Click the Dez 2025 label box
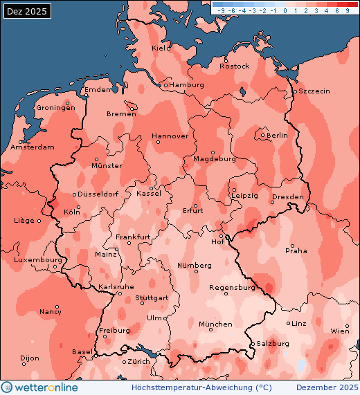click(27, 12)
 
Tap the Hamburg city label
click(187, 85)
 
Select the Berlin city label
click(277, 136)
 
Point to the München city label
click(215, 324)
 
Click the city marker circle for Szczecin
click(294, 91)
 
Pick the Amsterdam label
click(33, 147)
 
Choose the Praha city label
click(296, 250)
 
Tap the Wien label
click(341, 331)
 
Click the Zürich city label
click(139, 362)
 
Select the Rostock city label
click(234, 66)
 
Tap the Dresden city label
click(288, 197)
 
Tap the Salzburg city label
click(273, 343)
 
